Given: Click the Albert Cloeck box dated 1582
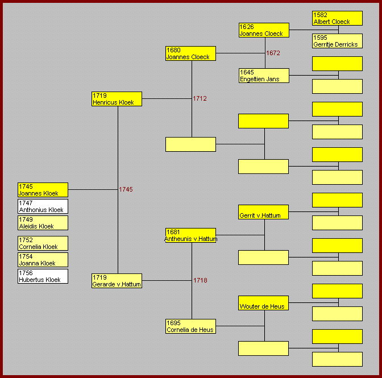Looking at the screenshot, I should [x=337, y=18].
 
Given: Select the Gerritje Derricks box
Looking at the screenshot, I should [x=337, y=41].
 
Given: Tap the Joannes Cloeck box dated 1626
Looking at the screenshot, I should [x=264, y=30].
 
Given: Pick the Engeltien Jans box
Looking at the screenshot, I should [x=264, y=76].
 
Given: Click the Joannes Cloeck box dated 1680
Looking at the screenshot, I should [x=190, y=53].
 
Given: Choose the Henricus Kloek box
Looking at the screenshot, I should [x=117, y=99].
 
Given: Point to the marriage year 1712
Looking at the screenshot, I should [x=200, y=98].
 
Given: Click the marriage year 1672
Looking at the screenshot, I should [x=273, y=53].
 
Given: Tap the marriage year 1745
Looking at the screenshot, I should [x=126, y=189].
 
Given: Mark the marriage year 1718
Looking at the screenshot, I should [x=200, y=280].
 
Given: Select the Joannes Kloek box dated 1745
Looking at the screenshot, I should [x=43, y=190].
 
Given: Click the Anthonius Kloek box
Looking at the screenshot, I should [x=43, y=206].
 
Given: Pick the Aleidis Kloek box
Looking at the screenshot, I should [x=43, y=223].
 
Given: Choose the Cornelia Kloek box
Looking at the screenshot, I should [x=43, y=243].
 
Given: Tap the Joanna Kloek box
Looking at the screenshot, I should [x=43, y=260].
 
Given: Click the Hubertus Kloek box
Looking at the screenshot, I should [x=43, y=276].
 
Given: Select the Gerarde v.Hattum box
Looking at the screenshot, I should [x=117, y=281].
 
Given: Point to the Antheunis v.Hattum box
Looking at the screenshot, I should [x=190, y=235].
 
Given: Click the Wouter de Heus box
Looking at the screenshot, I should [x=264, y=303].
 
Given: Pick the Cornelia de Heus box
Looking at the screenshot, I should [x=190, y=326].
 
